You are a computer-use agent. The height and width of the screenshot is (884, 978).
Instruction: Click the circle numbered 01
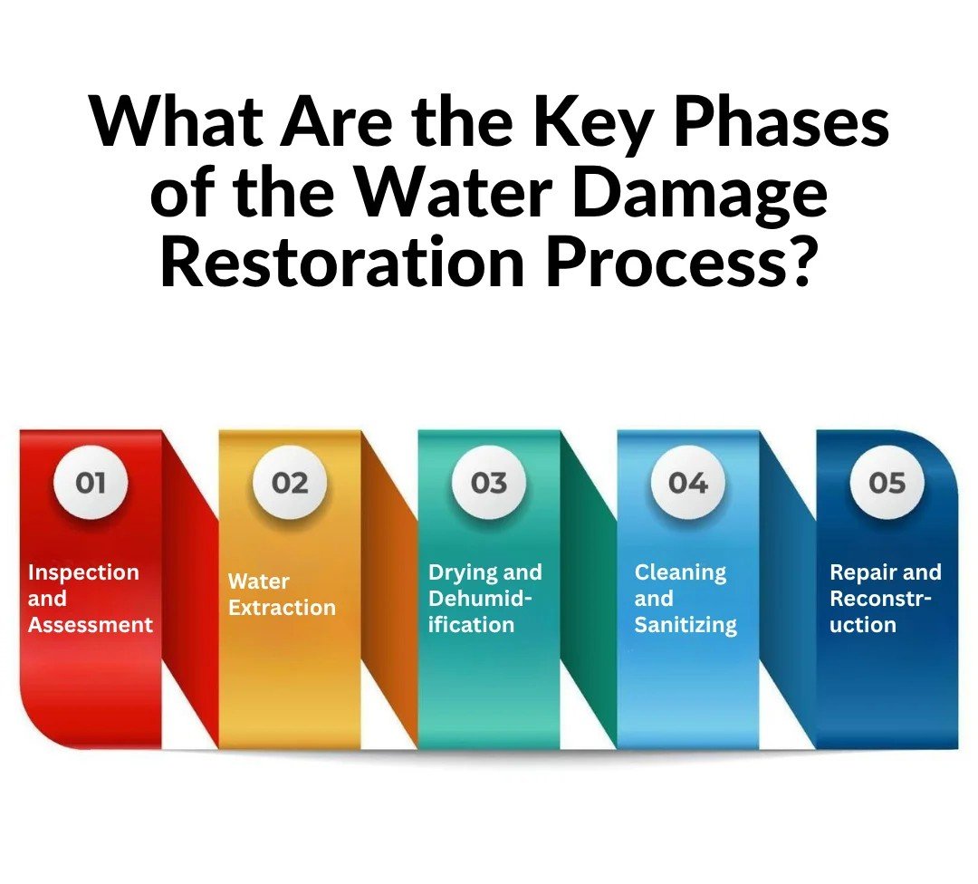tap(91, 482)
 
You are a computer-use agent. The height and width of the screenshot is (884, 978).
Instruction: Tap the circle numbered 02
tap(290, 482)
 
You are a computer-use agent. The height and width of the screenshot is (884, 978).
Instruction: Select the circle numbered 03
tap(489, 482)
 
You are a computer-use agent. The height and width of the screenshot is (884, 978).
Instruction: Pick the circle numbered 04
tap(688, 482)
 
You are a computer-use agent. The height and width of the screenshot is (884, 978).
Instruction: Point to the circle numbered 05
tap(887, 482)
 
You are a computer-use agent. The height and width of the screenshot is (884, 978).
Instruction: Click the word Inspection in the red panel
tap(83, 573)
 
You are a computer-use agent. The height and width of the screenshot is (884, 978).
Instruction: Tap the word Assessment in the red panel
tap(91, 624)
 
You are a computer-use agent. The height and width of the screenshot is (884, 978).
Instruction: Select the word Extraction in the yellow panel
tap(282, 608)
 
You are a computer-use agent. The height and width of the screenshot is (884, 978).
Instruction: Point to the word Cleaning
tap(680, 573)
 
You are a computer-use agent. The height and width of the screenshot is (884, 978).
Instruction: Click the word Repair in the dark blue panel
tap(858, 573)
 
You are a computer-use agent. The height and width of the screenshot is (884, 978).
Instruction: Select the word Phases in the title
tap(781, 120)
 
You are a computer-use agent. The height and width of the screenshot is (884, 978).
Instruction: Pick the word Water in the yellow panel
tap(259, 581)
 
